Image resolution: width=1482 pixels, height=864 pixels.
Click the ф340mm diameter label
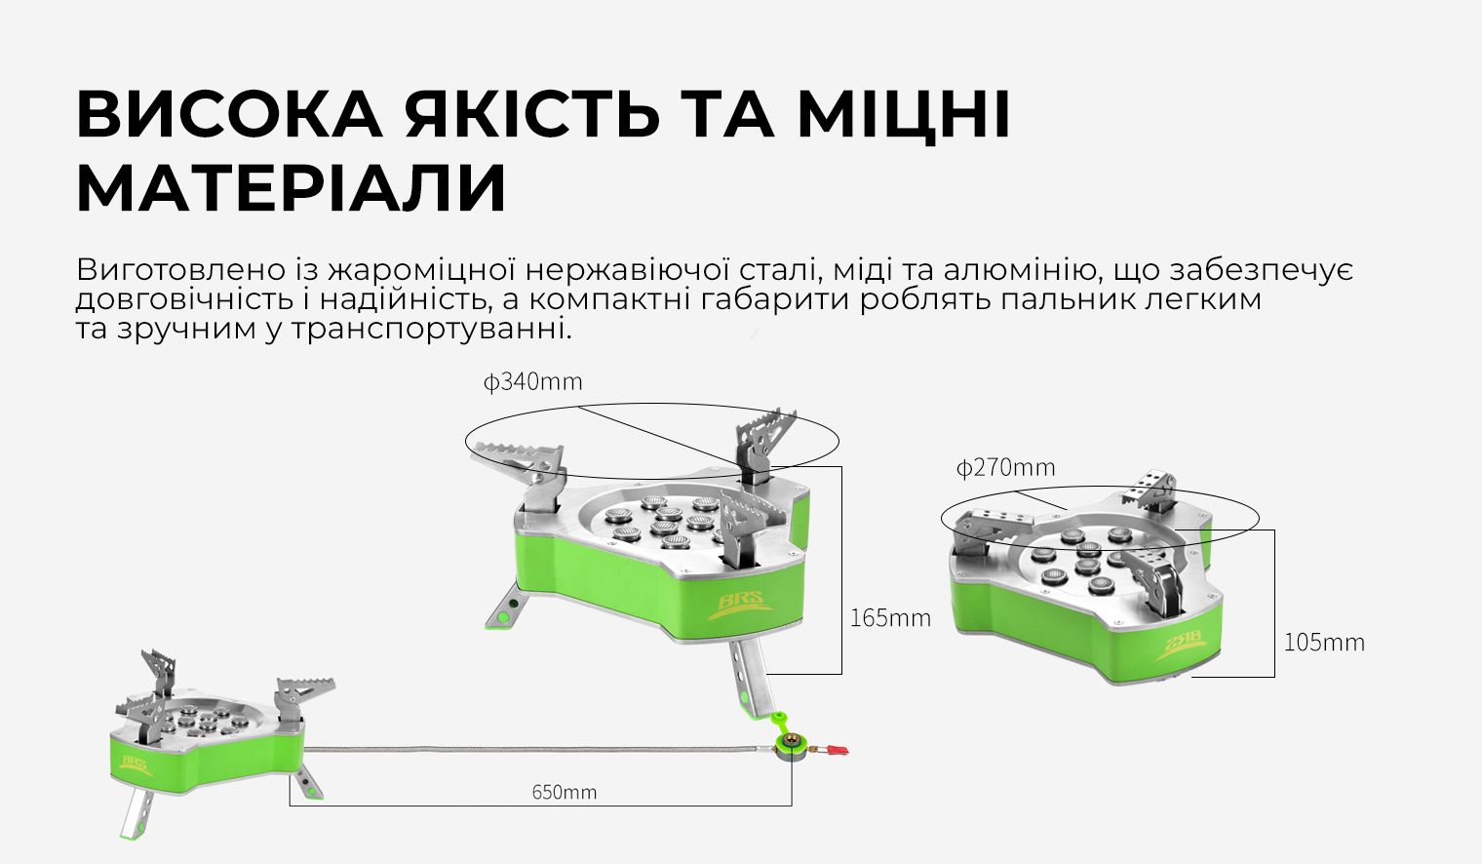(x=532, y=382)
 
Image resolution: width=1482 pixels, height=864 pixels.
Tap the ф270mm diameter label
(x=1005, y=468)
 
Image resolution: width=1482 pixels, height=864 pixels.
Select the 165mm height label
(x=889, y=618)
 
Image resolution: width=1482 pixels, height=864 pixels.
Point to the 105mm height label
(x=1323, y=643)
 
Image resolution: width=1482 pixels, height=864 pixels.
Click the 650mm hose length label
(x=564, y=792)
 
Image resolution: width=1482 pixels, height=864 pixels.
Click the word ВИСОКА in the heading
(x=229, y=114)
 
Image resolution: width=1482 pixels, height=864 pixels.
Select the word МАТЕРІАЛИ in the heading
(x=291, y=188)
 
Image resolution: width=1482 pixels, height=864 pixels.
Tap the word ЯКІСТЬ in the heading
(x=532, y=114)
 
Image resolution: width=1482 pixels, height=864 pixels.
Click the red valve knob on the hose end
(x=837, y=750)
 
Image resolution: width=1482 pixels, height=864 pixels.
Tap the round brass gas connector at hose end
(x=788, y=749)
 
